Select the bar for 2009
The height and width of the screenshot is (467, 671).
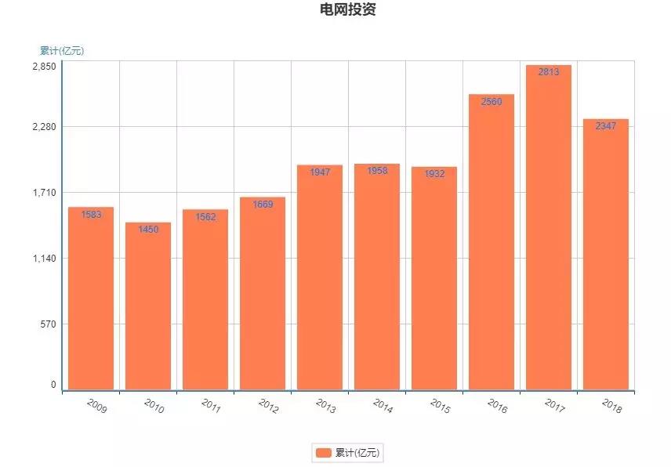pos(91,298)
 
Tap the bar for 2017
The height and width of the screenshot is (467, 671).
pos(549,227)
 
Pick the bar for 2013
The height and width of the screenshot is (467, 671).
pos(320,278)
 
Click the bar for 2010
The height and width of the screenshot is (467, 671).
pos(148,306)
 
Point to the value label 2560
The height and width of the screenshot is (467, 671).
pos(491,102)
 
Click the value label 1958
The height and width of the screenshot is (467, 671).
pos(377,171)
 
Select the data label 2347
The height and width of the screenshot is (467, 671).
pos(606,126)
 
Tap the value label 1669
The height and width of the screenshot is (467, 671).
pos(263,205)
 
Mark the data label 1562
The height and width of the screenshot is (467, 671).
pos(205,217)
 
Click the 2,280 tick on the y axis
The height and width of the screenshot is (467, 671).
pos(44,127)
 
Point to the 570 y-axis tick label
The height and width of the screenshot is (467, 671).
pos(49,324)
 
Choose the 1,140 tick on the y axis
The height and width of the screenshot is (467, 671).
pos(44,259)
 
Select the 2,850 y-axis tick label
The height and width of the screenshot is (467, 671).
pos(44,67)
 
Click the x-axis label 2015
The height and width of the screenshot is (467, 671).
pos(441,406)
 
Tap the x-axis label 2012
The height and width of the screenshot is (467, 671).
pos(268,406)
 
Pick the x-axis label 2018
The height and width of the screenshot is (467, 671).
pos(611,406)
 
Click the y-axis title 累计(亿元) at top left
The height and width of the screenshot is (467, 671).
pos(62,51)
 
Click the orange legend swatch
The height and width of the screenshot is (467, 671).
pos(323,453)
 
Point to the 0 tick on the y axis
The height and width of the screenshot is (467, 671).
pos(53,385)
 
